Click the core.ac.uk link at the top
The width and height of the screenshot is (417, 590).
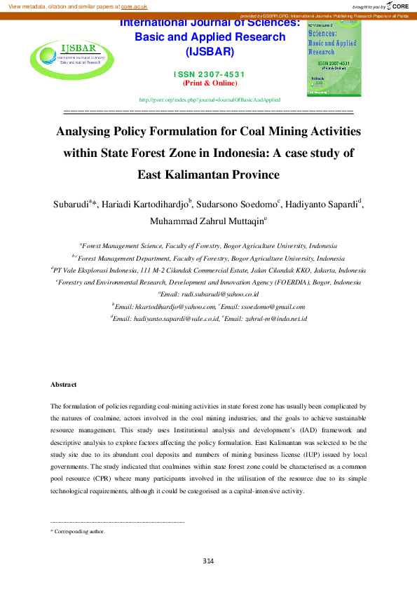tap(134, 6)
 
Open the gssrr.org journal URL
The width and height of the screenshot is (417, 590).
tap(210, 100)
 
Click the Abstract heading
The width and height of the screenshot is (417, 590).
tap(64, 385)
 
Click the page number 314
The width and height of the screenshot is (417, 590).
tap(207, 561)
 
